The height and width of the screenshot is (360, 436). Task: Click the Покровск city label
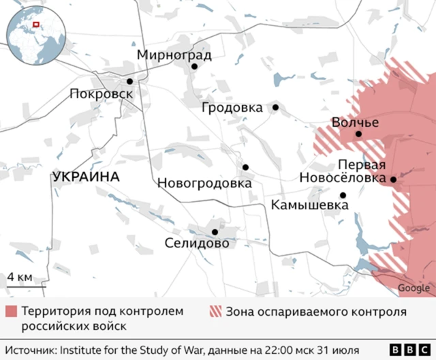(x=102, y=94)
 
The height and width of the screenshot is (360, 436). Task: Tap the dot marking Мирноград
(x=194, y=67)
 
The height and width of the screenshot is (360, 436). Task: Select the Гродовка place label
(x=232, y=108)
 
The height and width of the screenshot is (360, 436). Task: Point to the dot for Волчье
(x=359, y=134)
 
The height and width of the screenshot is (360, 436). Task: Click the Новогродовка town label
(x=204, y=183)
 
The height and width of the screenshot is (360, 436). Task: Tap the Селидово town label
(x=197, y=243)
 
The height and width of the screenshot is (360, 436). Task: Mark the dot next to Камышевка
(x=343, y=195)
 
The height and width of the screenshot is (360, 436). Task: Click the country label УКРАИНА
(x=85, y=177)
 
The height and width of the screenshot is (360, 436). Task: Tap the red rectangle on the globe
(x=37, y=26)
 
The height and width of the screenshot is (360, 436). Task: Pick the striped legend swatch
(x=215, y=312)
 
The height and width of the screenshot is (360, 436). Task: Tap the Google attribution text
(x=414, y=288)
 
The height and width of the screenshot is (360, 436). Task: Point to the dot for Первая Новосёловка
(x=393, y=179)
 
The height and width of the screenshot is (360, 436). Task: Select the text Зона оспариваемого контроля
(x=316, y=312)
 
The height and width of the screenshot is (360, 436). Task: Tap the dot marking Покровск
(x=129, y=80)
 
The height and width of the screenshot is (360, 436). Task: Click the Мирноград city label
(x=174, y=55)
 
